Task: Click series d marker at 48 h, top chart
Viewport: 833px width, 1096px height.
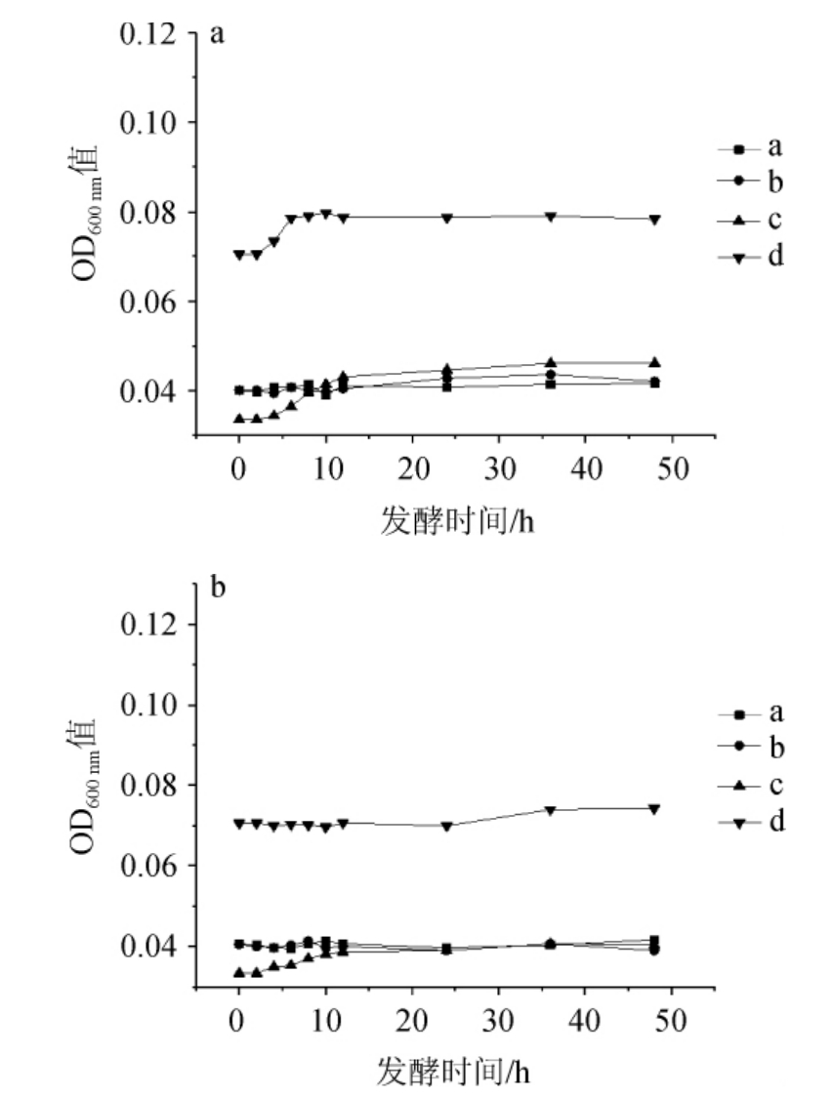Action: click(x=654, y=220)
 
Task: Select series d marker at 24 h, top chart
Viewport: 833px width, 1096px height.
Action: click(x=447, y=218)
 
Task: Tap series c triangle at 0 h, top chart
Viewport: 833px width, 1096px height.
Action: click(x=239, y=419)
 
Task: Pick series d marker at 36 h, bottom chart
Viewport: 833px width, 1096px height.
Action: click(x=551, y=810)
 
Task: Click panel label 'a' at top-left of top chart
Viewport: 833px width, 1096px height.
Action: click(x=217, y=35)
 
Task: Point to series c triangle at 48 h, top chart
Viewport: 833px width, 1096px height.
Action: click(x=654, y=362)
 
